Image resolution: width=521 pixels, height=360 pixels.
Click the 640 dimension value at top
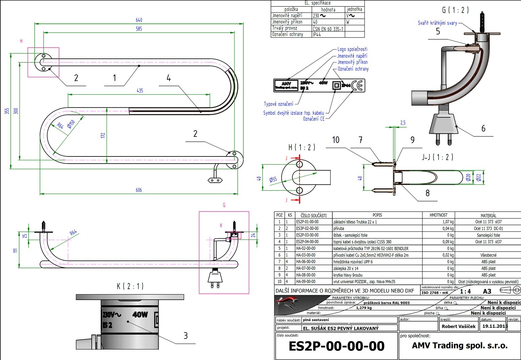tap(139, 20)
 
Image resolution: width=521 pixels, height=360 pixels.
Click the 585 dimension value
tap(139, 29)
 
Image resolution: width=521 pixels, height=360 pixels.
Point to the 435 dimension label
tap(140, 91)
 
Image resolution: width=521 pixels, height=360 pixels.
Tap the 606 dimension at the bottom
tap(139, 190)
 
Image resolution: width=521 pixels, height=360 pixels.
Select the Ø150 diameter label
tap(71, 124)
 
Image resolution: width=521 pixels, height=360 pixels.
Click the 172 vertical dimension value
tap(103, 135)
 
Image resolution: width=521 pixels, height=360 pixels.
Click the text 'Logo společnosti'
tap(352, 49)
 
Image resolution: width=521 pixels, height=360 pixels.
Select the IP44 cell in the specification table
tap(317, 34)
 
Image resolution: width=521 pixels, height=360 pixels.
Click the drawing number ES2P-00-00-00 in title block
tap(336, 346)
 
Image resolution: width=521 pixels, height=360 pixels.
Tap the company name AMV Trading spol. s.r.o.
tap(459, 346)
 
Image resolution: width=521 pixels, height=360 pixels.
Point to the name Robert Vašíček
tap(458, 326)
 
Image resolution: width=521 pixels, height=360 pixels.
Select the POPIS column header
tap(377, 215)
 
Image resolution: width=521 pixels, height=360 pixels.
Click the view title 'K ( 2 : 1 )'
tap(130, 286)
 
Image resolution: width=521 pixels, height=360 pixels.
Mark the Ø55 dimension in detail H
tap(273, 179)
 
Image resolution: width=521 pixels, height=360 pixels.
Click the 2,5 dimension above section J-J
tap(403, 123)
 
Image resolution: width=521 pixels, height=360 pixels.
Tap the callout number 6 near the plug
tap(483, 128)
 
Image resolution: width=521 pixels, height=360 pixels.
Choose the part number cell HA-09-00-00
tap(306, 282)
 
